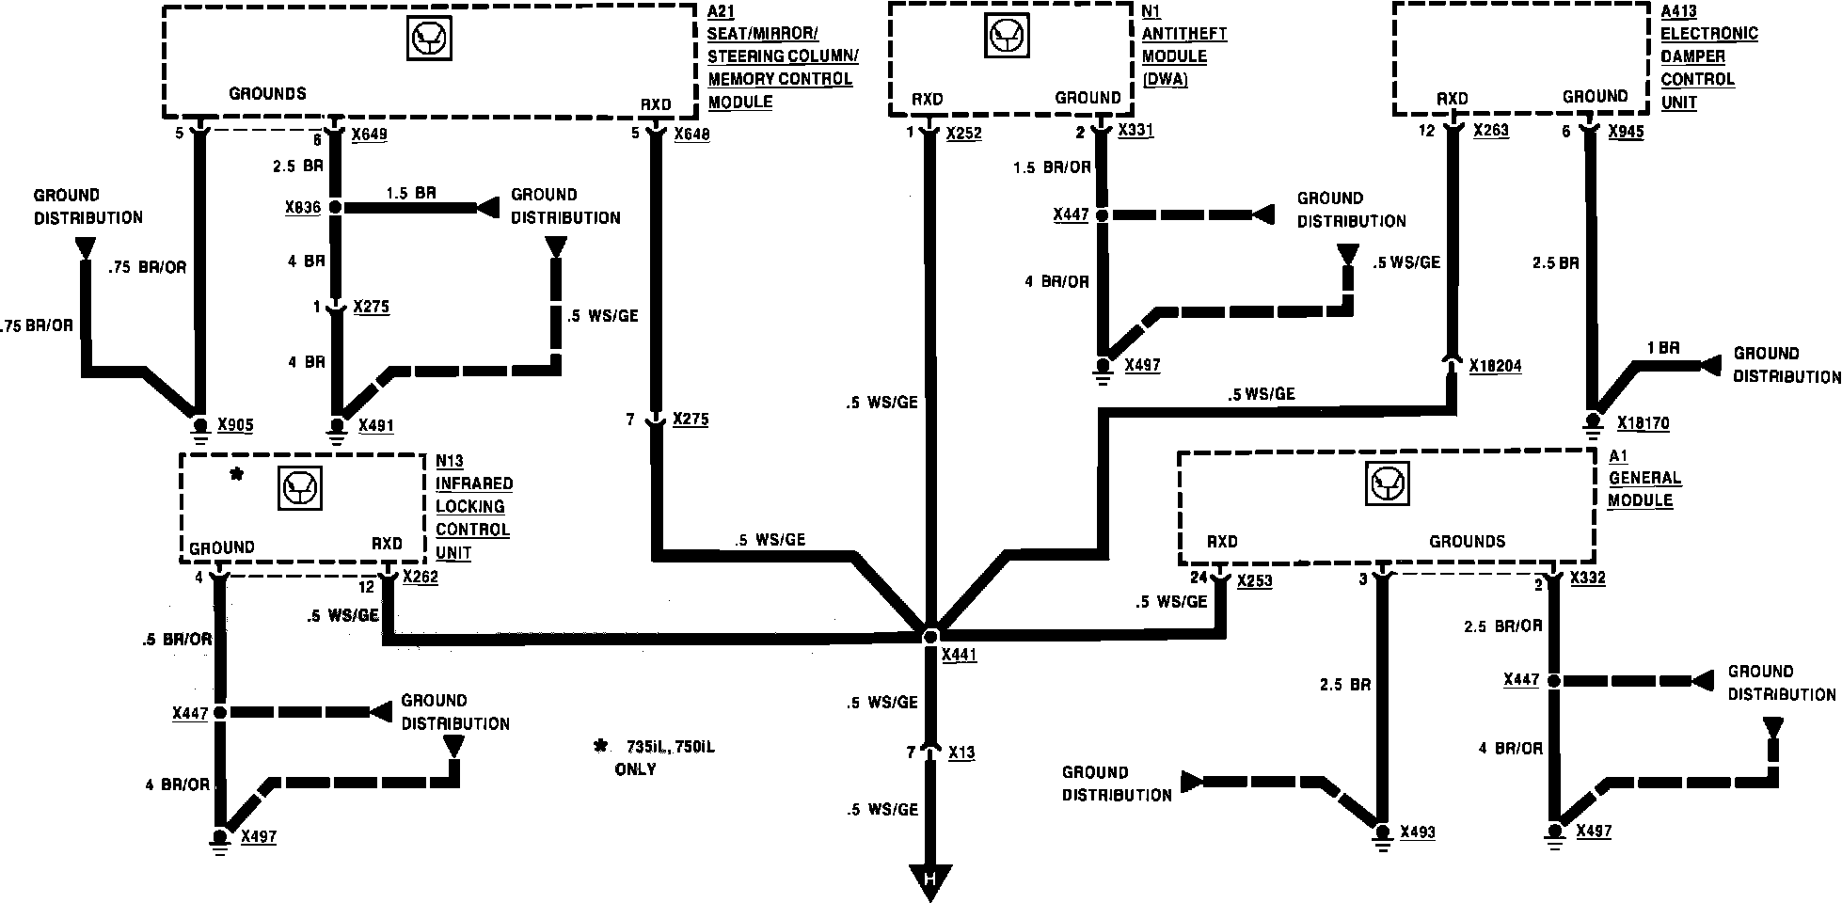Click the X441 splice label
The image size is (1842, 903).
coord(959,656)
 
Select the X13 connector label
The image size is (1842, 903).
coord(961,752)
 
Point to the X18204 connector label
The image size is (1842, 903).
coord(1495,366)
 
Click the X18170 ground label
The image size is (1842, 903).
coord(1644,423)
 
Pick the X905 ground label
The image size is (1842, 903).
coord(235,425)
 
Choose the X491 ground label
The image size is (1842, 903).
coord(376,425)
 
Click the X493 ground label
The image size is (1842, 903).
coord(1418,832)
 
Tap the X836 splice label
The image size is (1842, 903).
coord(302,208)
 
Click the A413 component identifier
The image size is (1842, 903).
coord(1679,11)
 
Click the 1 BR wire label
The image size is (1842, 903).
coord(1662,349)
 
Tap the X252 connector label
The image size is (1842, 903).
coord(963,134)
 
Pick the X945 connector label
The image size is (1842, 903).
coord(1626,132)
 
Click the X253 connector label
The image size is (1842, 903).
coord(1254,581)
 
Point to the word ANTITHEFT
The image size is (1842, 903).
coord(1184,34)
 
